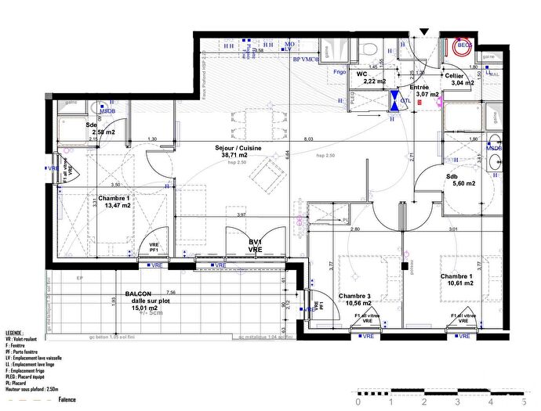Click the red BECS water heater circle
[466, 47]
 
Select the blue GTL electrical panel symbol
[394, 100]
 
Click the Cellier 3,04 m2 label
[460, 78]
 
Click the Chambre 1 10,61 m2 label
[457, 280]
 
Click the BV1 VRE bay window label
[255, 246]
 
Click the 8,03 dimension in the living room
[309, 139]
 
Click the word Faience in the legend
[67, 400]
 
